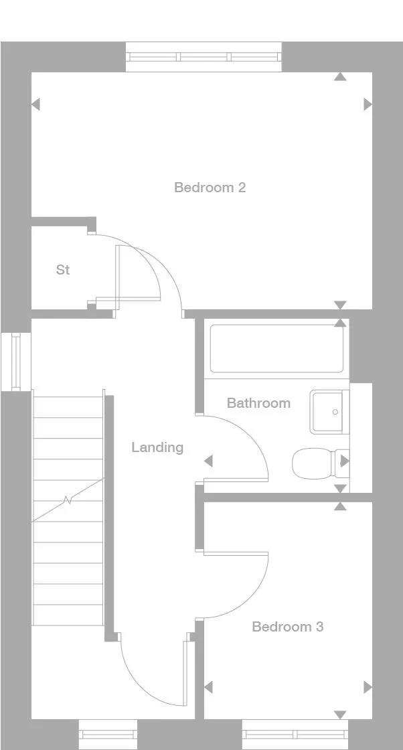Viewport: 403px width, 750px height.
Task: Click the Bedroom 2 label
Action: point(210,187)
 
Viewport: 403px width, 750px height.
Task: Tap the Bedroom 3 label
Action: point(287,627)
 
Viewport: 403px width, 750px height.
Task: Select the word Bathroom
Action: point(258,403)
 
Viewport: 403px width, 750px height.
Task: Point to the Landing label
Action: point(157,447)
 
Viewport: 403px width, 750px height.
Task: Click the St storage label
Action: point(63,270)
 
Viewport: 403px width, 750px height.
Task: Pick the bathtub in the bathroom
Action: point(277,348)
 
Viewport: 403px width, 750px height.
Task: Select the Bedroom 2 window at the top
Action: point(204,57)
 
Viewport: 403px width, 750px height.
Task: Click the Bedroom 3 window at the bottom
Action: point(295,735)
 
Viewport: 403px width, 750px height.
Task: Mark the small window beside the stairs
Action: point(16,362)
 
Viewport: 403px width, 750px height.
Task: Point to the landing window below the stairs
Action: point(108,735)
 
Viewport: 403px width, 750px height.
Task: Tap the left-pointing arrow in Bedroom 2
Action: point(35,104)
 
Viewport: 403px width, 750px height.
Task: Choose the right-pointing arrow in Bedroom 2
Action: point(368,104)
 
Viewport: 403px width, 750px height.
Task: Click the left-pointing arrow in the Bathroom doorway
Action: point(208,461)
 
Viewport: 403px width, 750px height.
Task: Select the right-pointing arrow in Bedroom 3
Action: point(368,687)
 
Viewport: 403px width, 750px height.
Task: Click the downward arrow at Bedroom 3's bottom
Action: point(340,715)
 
